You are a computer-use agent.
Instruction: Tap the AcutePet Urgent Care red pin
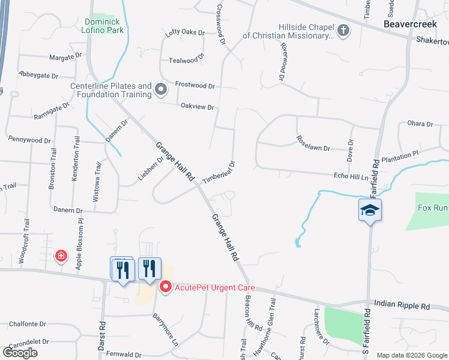[166, 287]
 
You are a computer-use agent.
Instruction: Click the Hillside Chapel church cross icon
[343, 31]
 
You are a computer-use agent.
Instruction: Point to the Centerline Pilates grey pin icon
[160, 90]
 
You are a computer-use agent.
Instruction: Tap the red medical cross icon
[61, 256]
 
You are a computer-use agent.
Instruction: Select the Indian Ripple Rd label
[402, 305]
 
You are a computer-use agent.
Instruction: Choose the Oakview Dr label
[197, 107]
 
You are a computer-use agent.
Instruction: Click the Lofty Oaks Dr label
[185, 32]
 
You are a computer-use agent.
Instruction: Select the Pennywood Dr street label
[29, 140]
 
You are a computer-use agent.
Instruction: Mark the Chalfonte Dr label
[28, 324]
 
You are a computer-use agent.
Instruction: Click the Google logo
[20, 353]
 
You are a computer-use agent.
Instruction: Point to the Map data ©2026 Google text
[411, 355]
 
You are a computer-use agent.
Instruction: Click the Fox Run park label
[432, 208]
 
